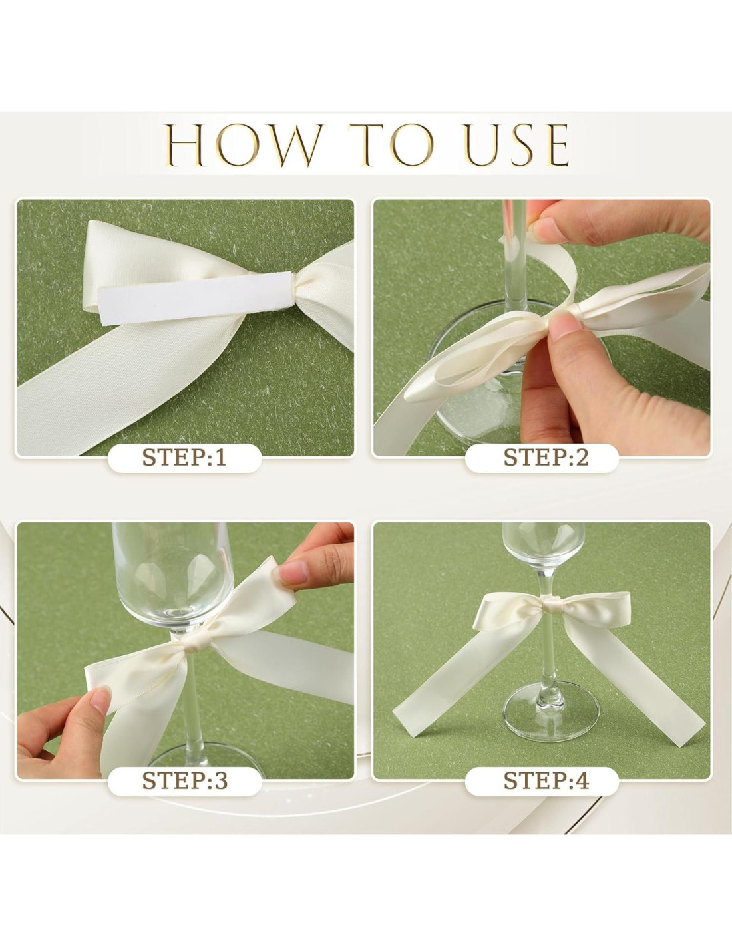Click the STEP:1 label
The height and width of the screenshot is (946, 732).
point(184,458)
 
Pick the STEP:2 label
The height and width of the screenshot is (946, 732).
point(546,458)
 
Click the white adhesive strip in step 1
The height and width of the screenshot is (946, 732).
point(196,299)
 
